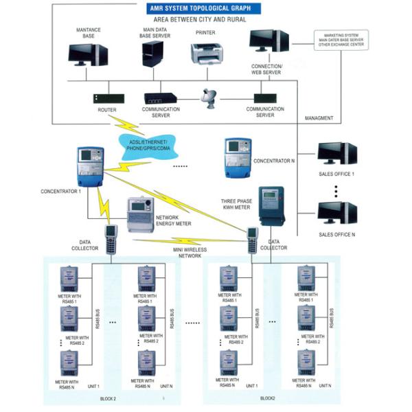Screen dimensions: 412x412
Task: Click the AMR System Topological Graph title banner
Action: (195, 8)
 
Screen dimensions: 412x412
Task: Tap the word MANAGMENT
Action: (319, 118)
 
